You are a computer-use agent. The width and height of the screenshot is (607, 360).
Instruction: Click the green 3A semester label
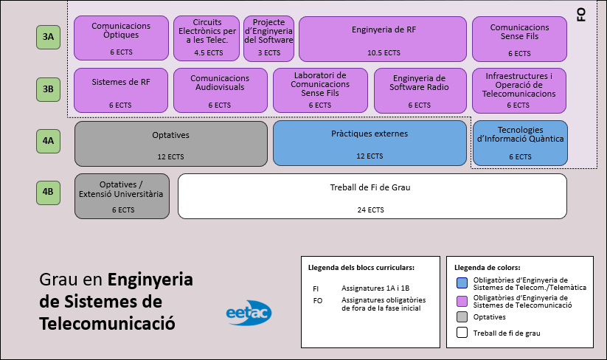48,37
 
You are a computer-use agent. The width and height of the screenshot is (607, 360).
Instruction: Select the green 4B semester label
48,193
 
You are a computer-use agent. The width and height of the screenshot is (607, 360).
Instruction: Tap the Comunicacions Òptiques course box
122,38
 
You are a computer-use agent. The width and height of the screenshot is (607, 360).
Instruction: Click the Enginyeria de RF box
383,38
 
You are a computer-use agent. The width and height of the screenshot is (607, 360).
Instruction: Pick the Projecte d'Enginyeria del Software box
268,38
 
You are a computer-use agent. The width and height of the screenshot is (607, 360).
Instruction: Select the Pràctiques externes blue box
370,143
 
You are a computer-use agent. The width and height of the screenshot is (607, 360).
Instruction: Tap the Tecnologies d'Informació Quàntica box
520,143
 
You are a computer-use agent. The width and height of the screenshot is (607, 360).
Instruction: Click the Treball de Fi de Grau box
372,196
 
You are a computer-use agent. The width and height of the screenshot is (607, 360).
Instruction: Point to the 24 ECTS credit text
370,210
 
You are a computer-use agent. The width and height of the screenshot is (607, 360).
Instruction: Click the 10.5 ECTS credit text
383,53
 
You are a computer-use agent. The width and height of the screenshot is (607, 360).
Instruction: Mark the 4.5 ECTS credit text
207,53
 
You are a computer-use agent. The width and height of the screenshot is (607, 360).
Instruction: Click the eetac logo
249,313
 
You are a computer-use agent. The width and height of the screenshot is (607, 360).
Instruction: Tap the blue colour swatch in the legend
462,283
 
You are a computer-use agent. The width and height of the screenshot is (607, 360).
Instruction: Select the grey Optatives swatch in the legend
462,317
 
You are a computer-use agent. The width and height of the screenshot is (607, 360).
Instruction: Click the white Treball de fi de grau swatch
462,333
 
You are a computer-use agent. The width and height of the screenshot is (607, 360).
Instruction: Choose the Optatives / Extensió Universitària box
122,196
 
